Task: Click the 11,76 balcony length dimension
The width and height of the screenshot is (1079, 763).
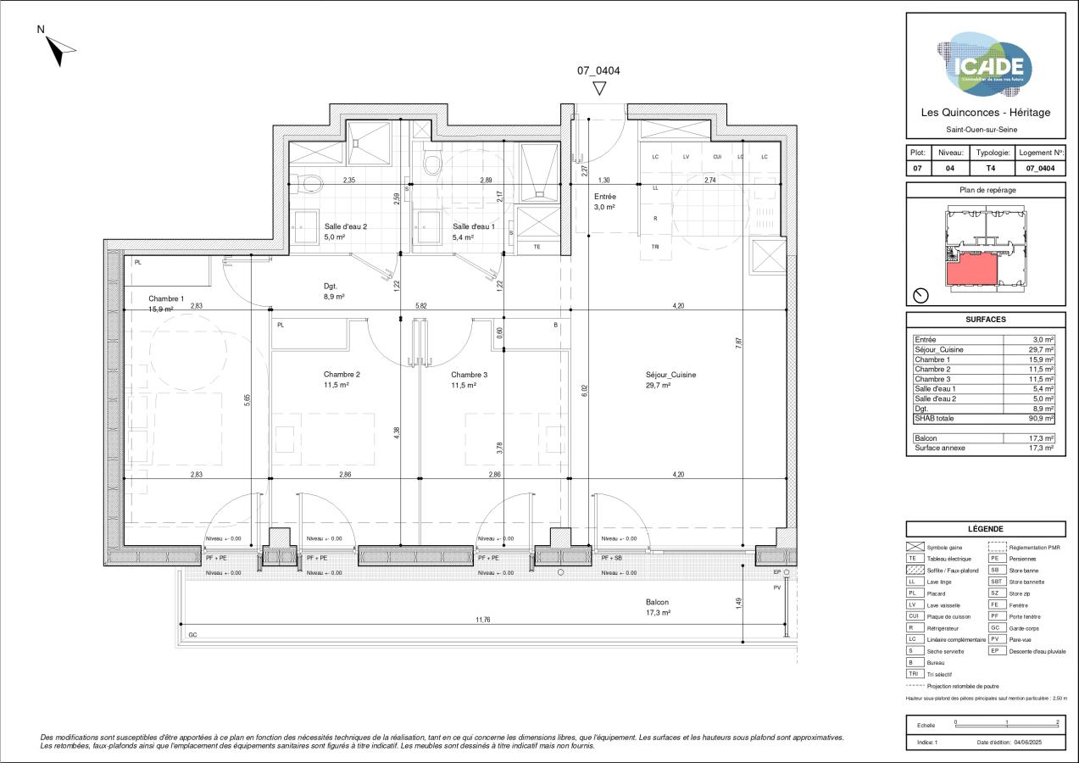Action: [x=483, y=620]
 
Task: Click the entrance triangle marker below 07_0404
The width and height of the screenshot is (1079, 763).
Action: [x=599, y=87]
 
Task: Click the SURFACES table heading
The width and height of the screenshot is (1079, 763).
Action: [x=986, y=320]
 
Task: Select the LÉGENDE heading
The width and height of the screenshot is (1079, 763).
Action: [x=986, y=528]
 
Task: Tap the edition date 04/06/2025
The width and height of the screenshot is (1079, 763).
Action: [x=1031, y=743]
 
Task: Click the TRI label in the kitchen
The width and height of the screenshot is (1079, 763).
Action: [x=655, y=247]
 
